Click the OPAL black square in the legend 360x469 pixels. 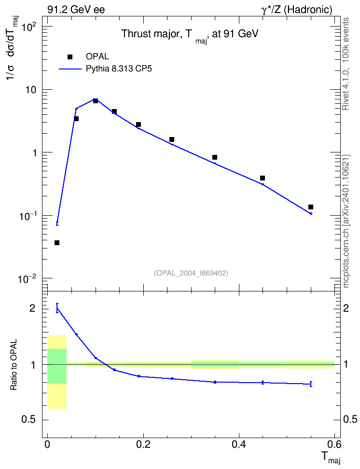coord(70,57)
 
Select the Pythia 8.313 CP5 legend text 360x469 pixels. coord(119,69)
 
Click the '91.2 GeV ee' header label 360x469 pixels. coord(76,10)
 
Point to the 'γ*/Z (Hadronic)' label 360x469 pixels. coord(297,10)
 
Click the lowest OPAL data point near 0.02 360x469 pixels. coord(57,243)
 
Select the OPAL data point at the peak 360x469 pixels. coord(96,101)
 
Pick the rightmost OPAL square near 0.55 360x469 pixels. coord(311,207)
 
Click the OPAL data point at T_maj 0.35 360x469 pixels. coord(215,157)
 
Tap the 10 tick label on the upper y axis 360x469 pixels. coord(30,90)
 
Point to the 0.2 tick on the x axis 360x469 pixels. coord(143,444)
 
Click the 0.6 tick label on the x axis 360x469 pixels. coord(334,444)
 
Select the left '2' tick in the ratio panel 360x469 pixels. coord(33,308)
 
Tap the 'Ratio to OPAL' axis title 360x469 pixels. coord(14,364)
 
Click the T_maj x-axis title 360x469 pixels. coord(331,457)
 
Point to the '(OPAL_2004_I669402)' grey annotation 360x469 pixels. coord(191,273)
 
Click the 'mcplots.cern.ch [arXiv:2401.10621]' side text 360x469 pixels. coord(346,221)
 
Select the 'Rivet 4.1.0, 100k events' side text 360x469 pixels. coord(346,64)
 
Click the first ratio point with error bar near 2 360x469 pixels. coord(57,308)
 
